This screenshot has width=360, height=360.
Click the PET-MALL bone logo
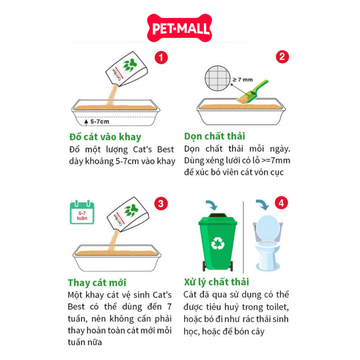point(180,28)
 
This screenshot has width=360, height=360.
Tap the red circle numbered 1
point(161,58)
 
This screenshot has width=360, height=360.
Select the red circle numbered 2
point(282,57)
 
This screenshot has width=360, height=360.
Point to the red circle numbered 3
point(161,203)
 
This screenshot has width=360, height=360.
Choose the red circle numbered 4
point(281,203)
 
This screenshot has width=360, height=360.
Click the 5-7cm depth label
point(99,121)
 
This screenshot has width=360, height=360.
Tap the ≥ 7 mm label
point(243,80)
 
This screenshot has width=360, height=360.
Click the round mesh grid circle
point(217,78)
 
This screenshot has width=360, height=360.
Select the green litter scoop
point(252,92)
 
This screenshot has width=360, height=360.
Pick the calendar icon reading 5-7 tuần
point(82,212)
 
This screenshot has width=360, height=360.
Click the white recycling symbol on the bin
point(218,243)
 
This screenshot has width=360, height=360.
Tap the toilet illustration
point(268,243)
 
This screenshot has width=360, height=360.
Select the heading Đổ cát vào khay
point(105,137)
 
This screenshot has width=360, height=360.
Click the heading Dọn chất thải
point(215,136)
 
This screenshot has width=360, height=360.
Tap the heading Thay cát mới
point(97,283)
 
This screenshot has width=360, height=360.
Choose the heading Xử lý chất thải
point(216,282)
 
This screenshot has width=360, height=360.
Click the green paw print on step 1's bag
point(130,65)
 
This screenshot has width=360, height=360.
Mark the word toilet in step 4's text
point(277,307)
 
